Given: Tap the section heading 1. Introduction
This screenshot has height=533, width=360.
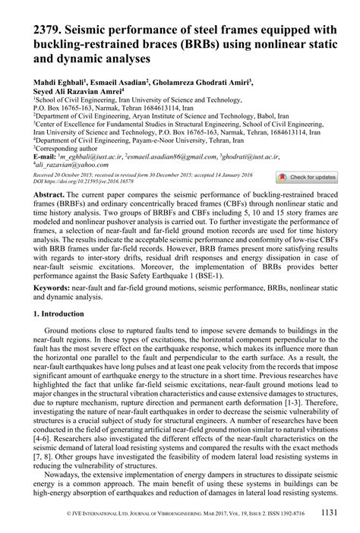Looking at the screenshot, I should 59,314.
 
